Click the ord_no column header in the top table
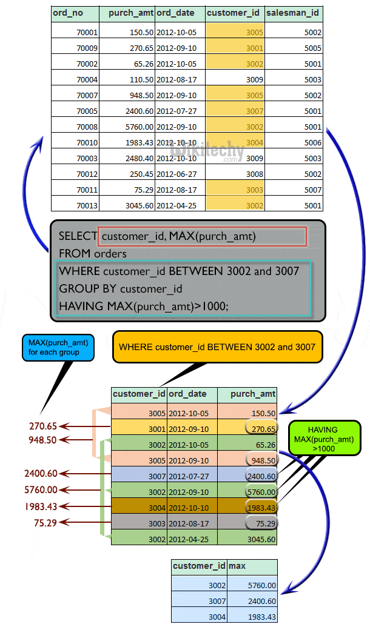(x=68, y=13)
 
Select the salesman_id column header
(x=294, y=13)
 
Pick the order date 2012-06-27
(x=176, y=174)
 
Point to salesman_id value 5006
(x=313, y=142)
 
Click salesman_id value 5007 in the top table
(x=313, y=190)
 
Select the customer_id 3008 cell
(x=255, y=174)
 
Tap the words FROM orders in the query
(x=92, y=253)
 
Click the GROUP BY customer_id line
(x=120, y=288)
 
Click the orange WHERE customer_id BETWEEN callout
(x=217, y=347)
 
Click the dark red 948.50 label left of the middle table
(x=42, y=440)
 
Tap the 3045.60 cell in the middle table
(x=260, y=539)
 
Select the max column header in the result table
(x=237, y=566)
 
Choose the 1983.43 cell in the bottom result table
(x=261, y=617)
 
